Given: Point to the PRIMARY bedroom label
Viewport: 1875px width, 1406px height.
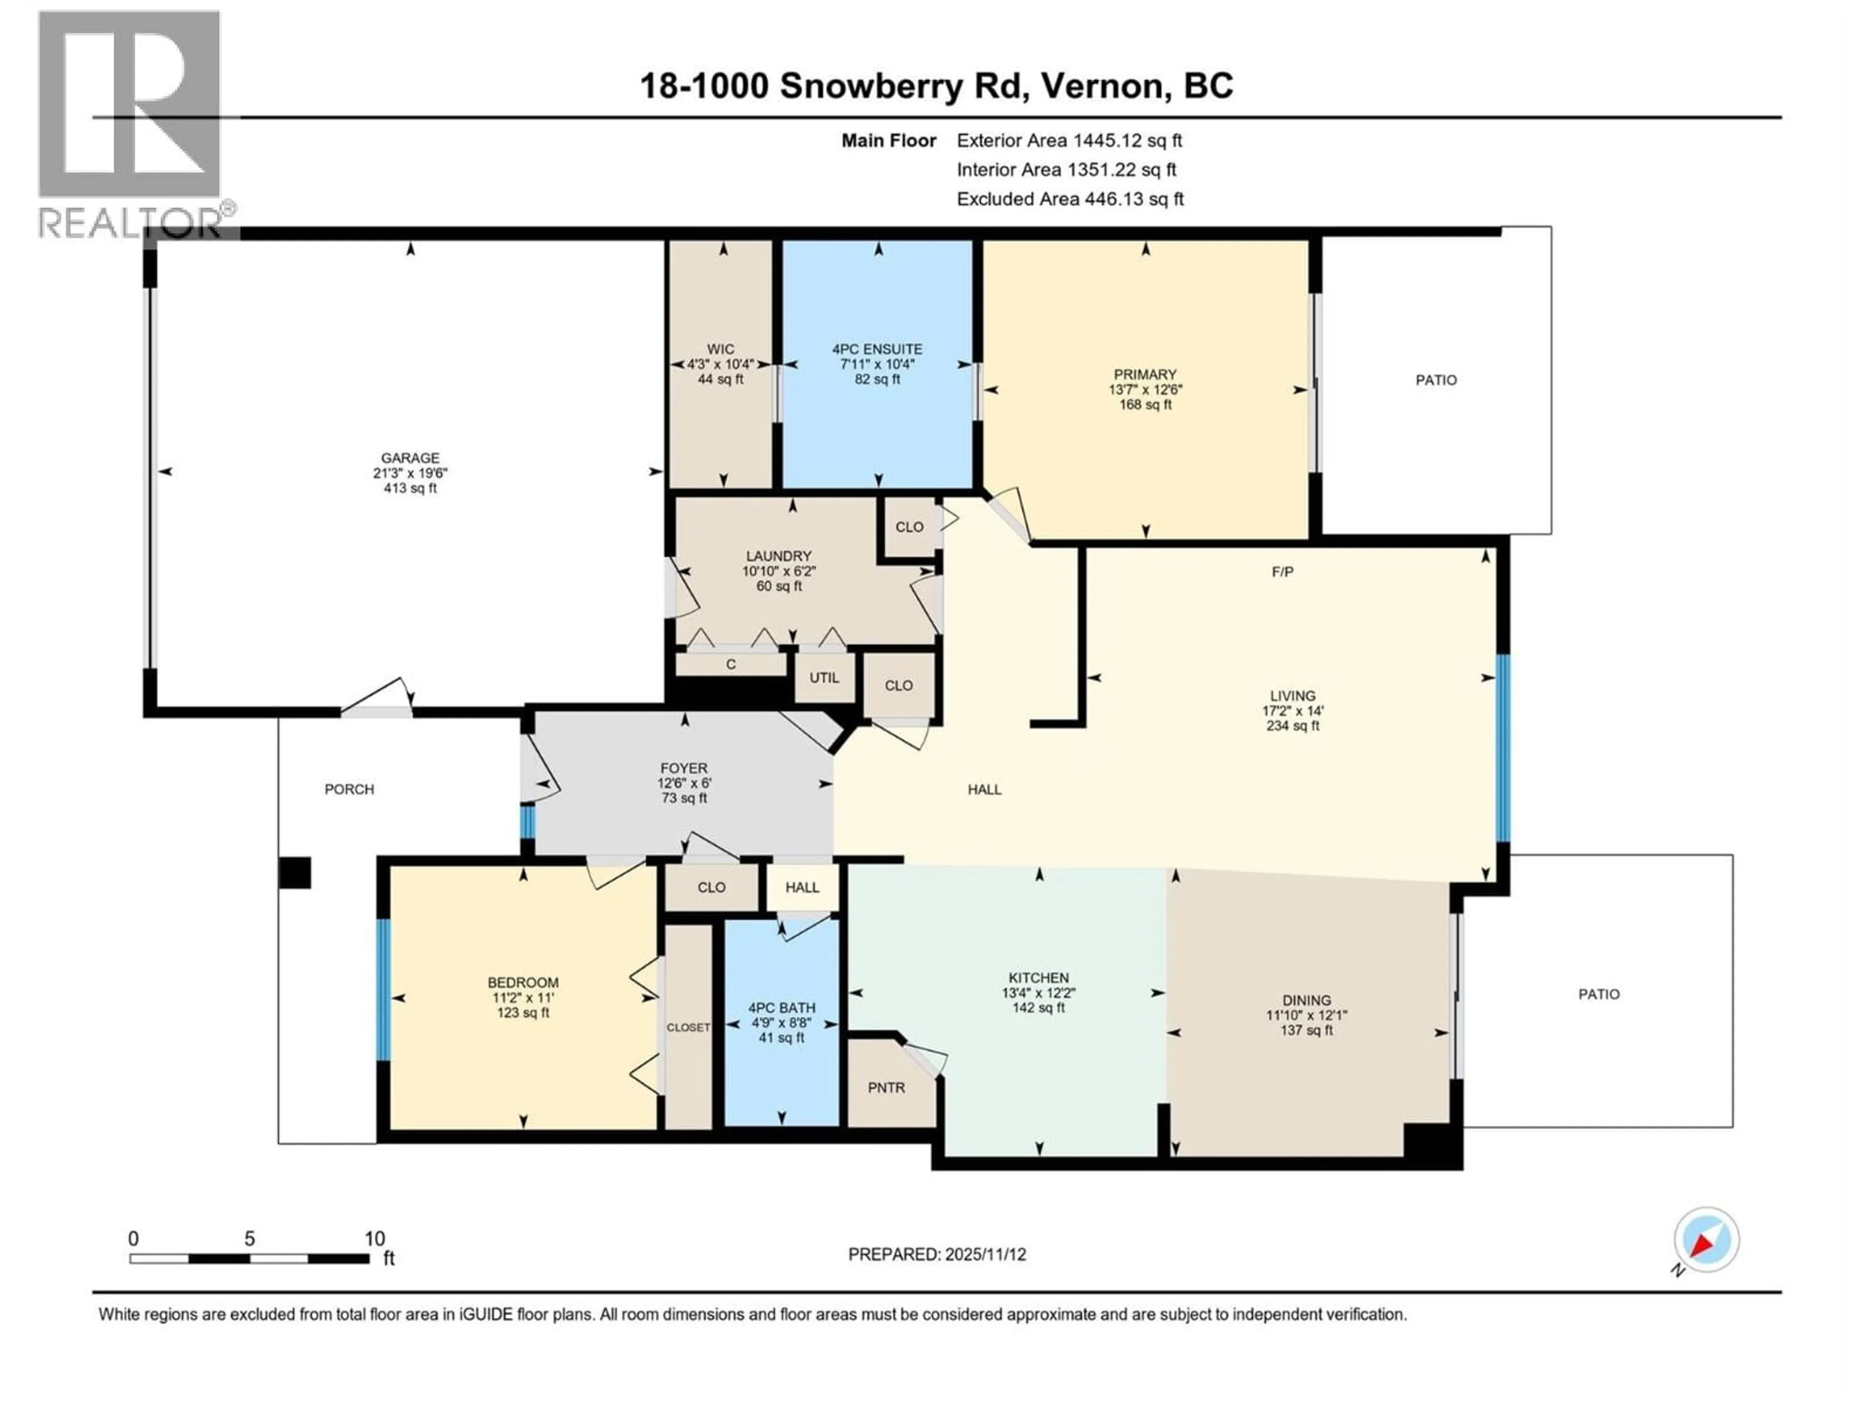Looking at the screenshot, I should (1145, 374).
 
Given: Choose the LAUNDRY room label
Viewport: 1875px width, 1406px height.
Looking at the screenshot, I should (778, 556).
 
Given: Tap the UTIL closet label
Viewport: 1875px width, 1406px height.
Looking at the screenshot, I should (823, 678).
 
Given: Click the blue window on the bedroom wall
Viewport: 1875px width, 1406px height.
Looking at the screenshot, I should (383, 989).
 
